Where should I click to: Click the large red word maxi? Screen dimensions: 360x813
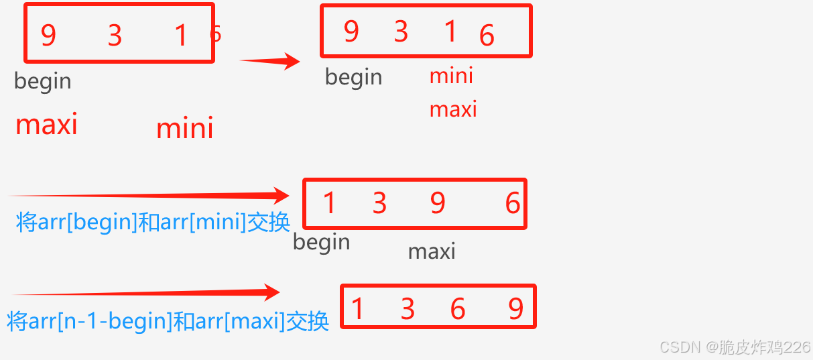46,124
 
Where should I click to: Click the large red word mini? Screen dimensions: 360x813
184,128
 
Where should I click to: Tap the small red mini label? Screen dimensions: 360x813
451,76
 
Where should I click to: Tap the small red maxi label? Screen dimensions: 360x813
453,109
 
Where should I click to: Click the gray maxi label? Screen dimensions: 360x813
432,251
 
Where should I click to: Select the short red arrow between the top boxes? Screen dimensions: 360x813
269,62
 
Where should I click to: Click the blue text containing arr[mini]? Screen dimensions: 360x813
153,222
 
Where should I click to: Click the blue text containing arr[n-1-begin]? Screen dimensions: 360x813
168,321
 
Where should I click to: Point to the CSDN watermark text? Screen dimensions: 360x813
735,347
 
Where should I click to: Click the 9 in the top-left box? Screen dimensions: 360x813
48,35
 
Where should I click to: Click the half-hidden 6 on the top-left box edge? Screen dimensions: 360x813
215,33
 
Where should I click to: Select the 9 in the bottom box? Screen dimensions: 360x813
515,308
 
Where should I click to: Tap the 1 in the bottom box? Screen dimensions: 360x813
357,308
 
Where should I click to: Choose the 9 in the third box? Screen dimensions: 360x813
438,202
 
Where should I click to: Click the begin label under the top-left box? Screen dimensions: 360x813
42,81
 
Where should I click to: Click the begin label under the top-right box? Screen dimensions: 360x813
353,77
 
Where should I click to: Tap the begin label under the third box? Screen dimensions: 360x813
321,242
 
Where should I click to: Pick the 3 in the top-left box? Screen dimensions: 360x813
115,36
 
